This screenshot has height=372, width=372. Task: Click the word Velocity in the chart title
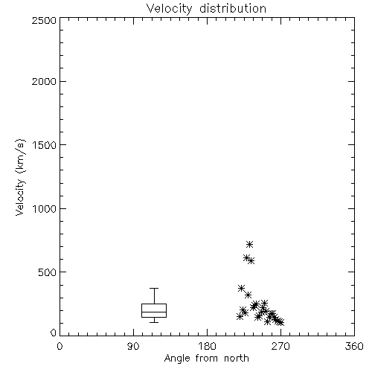[x=169, y=9]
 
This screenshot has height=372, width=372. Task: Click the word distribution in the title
[x=233, y=8]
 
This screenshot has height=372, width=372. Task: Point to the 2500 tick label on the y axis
[x=44, y=20]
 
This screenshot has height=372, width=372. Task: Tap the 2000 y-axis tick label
[x=44, y=81]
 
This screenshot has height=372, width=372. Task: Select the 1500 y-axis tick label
[x=45, y=145]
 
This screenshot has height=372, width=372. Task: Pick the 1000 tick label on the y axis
[x=45, y=209]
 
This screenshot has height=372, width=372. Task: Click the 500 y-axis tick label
[x=47, y=272]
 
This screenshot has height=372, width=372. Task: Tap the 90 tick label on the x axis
[x=133, y=346]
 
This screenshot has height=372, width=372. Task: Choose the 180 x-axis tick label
[x=207, y=346]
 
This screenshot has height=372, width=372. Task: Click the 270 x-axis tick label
[x=280, y=346]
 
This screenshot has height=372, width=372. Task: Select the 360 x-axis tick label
[x=354, y=346]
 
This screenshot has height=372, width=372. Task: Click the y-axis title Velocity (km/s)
[x=20, y=177]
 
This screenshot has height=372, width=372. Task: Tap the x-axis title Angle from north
[x=206, y=359]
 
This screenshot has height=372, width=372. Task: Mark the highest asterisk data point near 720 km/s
[x=249, y=244]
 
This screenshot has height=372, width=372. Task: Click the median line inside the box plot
[x=154, y=312]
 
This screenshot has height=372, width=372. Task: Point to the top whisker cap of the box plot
[x=154, y=288]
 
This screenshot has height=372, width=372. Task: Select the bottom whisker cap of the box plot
[x=154, y=322]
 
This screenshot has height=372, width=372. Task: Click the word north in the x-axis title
[x=237, y=358]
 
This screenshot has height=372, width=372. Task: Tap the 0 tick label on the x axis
[x=60, y=346]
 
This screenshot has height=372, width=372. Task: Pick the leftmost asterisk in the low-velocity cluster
[x=240, y=316]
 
